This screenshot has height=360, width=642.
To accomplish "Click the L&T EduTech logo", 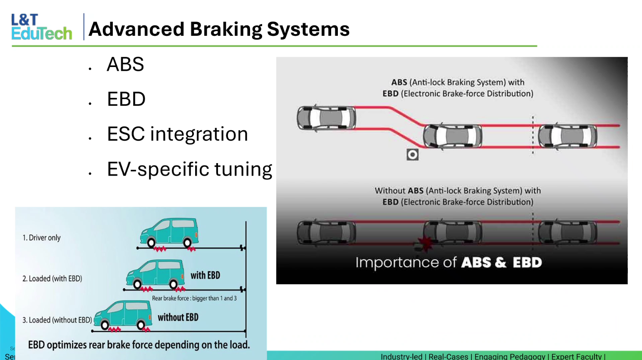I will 42,27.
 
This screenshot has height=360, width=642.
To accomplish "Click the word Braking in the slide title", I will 226,29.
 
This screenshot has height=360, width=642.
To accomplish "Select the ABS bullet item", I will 125,65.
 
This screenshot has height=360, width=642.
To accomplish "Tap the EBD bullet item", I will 126,99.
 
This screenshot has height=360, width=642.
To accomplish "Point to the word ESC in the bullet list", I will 126,134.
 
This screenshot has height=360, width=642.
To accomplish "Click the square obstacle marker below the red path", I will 412,155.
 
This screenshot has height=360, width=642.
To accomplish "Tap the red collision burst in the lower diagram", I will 425,243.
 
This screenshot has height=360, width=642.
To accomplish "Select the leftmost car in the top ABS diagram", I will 326,118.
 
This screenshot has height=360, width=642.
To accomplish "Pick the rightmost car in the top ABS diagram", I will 568,136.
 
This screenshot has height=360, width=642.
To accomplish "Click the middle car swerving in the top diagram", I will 453,136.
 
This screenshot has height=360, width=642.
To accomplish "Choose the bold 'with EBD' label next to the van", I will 205,276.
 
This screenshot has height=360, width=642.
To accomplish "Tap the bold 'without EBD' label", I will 178,318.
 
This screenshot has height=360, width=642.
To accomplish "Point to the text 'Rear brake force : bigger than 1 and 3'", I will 194,298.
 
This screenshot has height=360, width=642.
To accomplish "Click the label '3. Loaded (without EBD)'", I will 57,320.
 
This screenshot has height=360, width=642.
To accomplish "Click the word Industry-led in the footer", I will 401,357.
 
